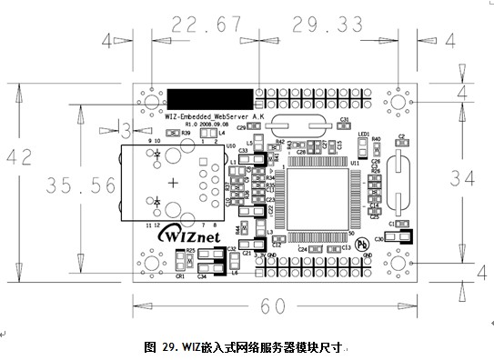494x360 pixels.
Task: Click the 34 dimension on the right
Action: tap(459, 180)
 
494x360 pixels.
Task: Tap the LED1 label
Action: tap(363, 134)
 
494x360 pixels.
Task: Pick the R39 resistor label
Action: tap(186, 133)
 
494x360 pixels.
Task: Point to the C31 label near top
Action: tap(345, 120)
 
